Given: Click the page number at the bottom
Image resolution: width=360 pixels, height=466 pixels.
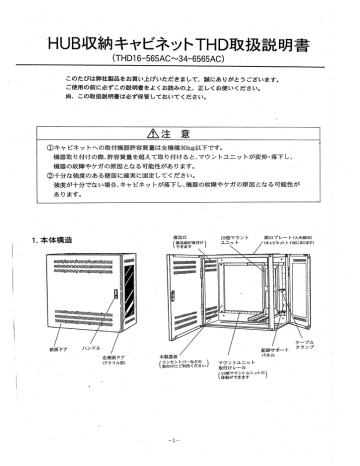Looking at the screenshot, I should [179, 436].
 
